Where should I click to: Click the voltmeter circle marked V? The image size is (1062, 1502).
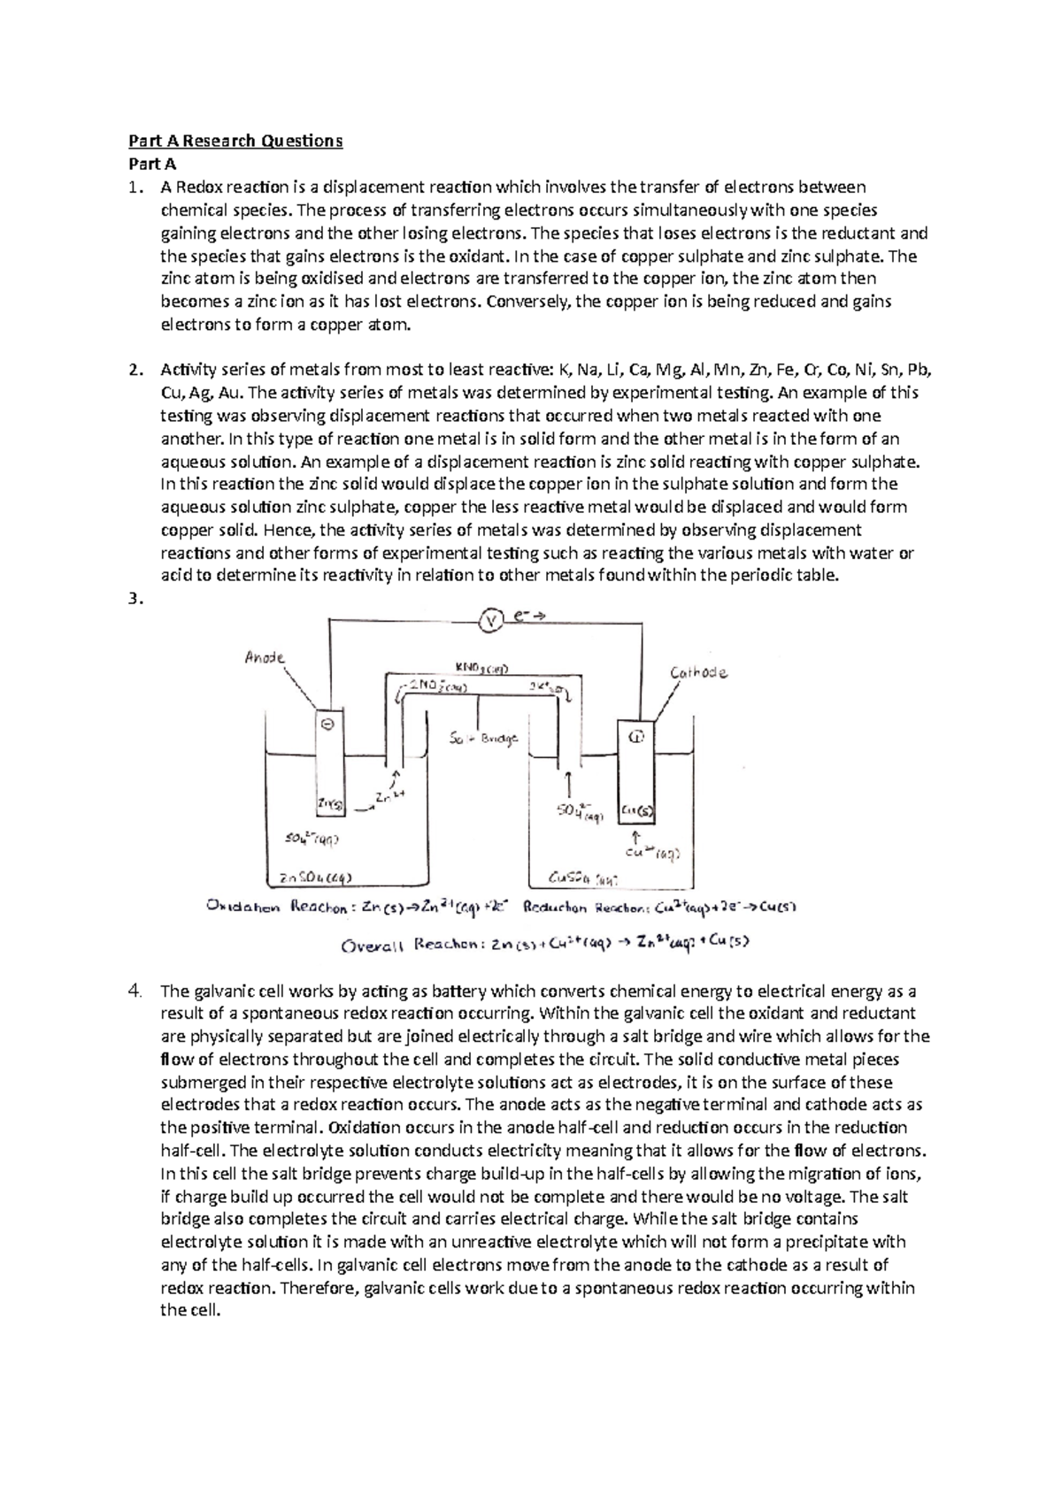pyautogui.click(x=490, y=622)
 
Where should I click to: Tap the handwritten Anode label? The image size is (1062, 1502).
pyautogui.click(x=264, y=658)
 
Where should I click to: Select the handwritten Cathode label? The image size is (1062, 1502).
pyautogui.click(x=698, y=673)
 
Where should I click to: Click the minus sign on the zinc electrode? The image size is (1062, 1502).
pyautogui.click(x=326, y=724)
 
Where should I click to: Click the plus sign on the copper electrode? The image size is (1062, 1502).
pyautogui.click(x=635, y=735)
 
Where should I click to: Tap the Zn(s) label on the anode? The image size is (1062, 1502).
pyautogui.click(x=329, y=803)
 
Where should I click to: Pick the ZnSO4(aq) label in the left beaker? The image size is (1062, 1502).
pyautogui.click(x=316, y=877)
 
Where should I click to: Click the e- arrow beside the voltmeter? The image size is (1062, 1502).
pyautogui.click(x=529, y=620)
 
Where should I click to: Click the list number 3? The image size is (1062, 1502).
pyautogui.click(x=134, y=599)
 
